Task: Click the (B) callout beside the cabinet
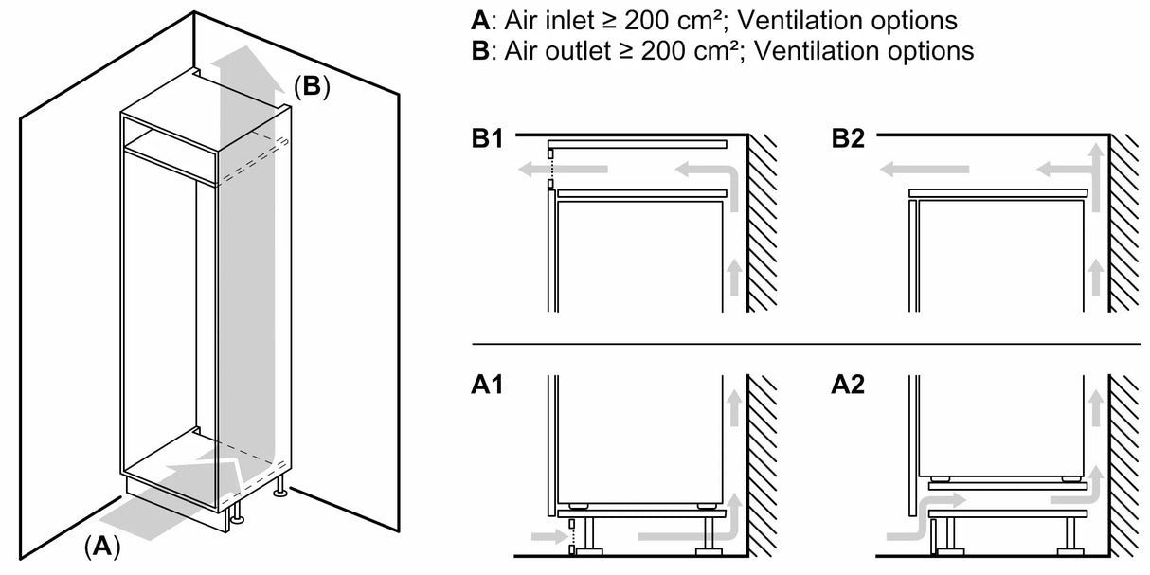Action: click(x=312, y=87)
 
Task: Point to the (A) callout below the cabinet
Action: click(x=102, y=546)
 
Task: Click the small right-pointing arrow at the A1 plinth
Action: click(x=557, y=537)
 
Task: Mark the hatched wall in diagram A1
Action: click(x=764, y=464)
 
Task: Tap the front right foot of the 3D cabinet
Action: click(x=281, y=492)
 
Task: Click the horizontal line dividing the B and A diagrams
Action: click(x=805, y=344)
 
